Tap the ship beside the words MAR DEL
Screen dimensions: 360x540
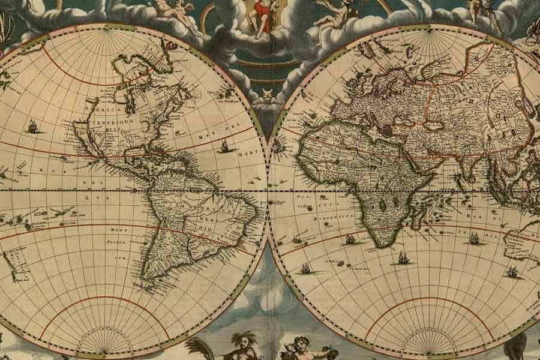tap(224, 146)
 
